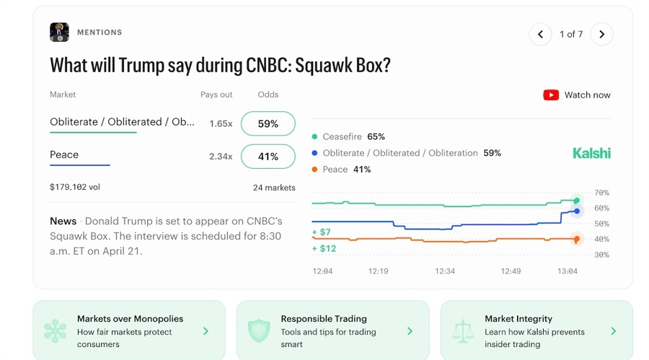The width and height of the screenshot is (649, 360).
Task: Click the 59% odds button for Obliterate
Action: coord(268,123)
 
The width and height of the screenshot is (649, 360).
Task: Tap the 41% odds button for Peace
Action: coord(268,157)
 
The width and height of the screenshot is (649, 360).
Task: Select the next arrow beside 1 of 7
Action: coord(601,34)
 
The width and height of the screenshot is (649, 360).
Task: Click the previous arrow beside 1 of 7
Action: coord(540,34)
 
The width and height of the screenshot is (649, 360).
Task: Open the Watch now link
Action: coord(587,95)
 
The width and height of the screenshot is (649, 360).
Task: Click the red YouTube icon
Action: coord(551,95)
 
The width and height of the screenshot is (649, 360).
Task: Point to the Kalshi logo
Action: coord(591,153)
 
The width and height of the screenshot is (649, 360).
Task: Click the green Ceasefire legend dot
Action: coord(315,136)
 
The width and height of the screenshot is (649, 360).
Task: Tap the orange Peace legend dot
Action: coord(315,170)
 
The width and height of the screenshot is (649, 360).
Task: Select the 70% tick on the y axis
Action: coord(601,193)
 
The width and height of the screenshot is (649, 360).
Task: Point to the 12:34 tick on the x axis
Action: coord(445,271)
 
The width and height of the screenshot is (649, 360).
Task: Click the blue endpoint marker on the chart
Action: coord(576,211)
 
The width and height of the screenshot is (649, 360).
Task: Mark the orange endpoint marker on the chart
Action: coord(576,239)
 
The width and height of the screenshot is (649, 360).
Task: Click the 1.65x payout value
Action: coord(221,124)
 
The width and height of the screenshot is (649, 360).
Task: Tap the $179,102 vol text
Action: coord(75,188)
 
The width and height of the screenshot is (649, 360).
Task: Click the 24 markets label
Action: coord(274,188)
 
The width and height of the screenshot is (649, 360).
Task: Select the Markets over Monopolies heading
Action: coord(130,319)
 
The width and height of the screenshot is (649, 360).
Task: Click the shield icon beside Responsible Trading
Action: coord(258,331)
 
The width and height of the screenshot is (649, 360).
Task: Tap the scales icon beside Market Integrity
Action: coord(462,331)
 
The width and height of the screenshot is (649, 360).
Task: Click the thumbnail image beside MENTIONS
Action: coord(59,32)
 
